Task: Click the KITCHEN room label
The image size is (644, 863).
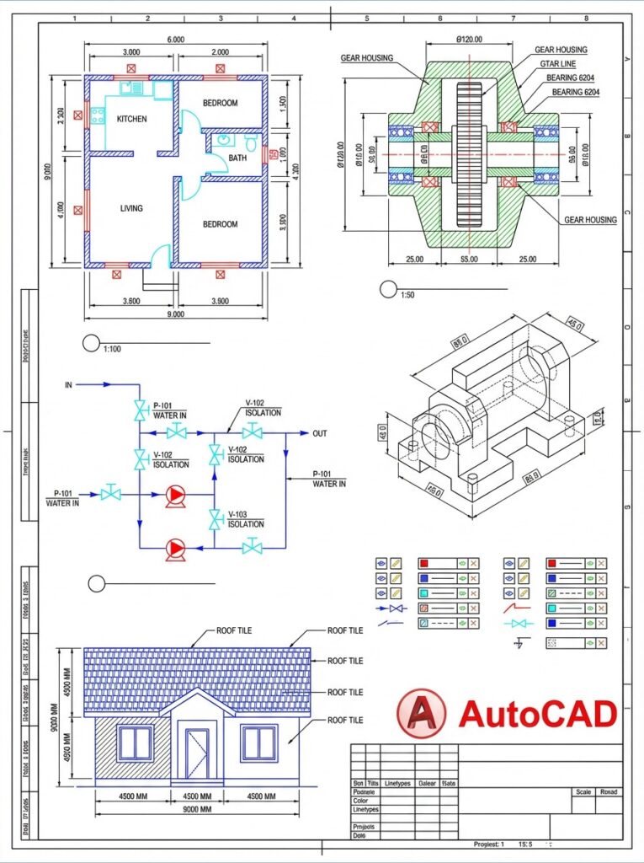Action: coord(131,119)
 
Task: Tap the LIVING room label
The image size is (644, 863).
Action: coord(131,208)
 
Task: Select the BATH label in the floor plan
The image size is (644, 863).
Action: coord(237,158)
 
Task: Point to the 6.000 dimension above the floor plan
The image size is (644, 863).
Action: coord(175,40)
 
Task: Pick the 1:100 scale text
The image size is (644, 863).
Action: coord(111,347)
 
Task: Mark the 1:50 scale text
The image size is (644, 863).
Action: coord(407,295)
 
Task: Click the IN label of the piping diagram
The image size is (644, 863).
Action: coord(69,384)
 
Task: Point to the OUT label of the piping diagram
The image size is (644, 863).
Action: coord(320,434)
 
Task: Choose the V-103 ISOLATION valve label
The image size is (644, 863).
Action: coord(245,519)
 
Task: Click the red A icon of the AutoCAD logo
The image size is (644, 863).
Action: coord(420,714)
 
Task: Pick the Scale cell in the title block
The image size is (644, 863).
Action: coord(583,792)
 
